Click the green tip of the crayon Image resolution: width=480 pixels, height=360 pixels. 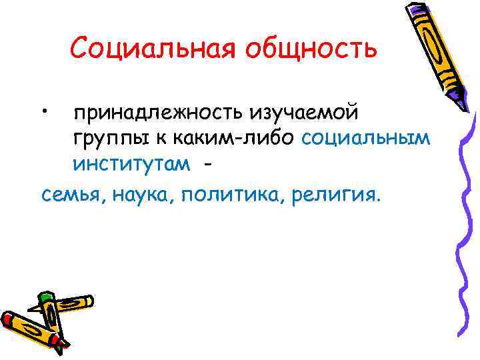coord(45,296)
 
